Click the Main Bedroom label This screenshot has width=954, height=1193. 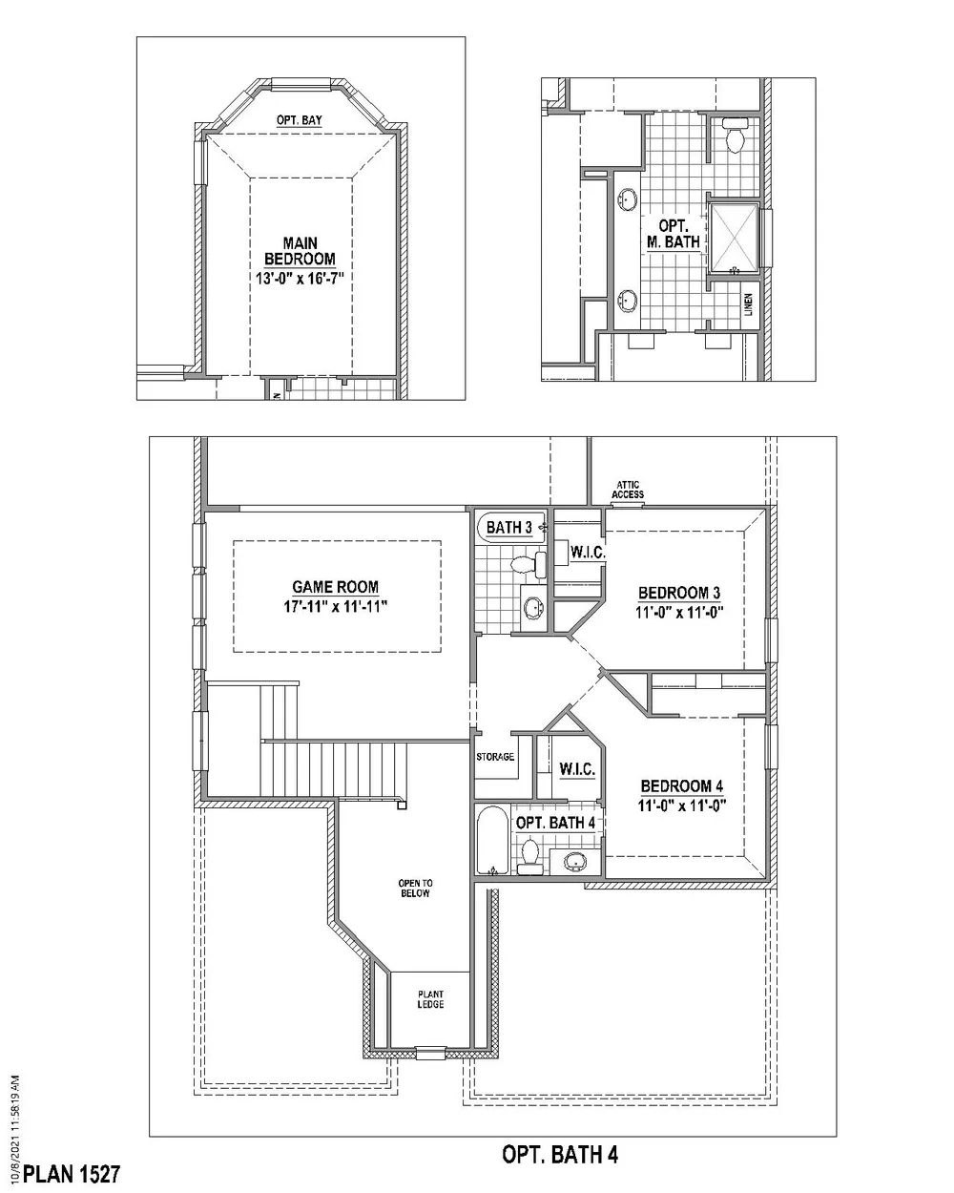coord(300,251)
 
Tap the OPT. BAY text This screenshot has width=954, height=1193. coord(300,120)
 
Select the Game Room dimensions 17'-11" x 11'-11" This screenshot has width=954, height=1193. coord(336,606)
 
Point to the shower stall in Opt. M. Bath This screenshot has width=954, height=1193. coord(734,239)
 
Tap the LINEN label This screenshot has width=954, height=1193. coord(748,304)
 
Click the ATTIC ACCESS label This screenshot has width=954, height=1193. coord(628,490)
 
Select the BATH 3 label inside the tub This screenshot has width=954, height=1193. coord(508,527)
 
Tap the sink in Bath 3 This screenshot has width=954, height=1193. coord(534,607)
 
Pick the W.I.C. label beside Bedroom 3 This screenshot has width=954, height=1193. coord(588,552)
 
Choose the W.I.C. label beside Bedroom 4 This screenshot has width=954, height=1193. coord(577,769)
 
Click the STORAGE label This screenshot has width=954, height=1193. coord(495,756)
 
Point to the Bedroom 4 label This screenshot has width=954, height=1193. coord(682,785)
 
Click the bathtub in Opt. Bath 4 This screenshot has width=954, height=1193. coord(492,841)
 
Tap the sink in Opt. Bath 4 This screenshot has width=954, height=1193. coord(575,861)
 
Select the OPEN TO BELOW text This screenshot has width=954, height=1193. coord(415,888)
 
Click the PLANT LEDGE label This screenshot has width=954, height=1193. coord(430,998)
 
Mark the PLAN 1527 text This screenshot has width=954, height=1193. coord(71,1174)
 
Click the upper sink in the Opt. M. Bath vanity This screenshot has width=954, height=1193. coord(628,199)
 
